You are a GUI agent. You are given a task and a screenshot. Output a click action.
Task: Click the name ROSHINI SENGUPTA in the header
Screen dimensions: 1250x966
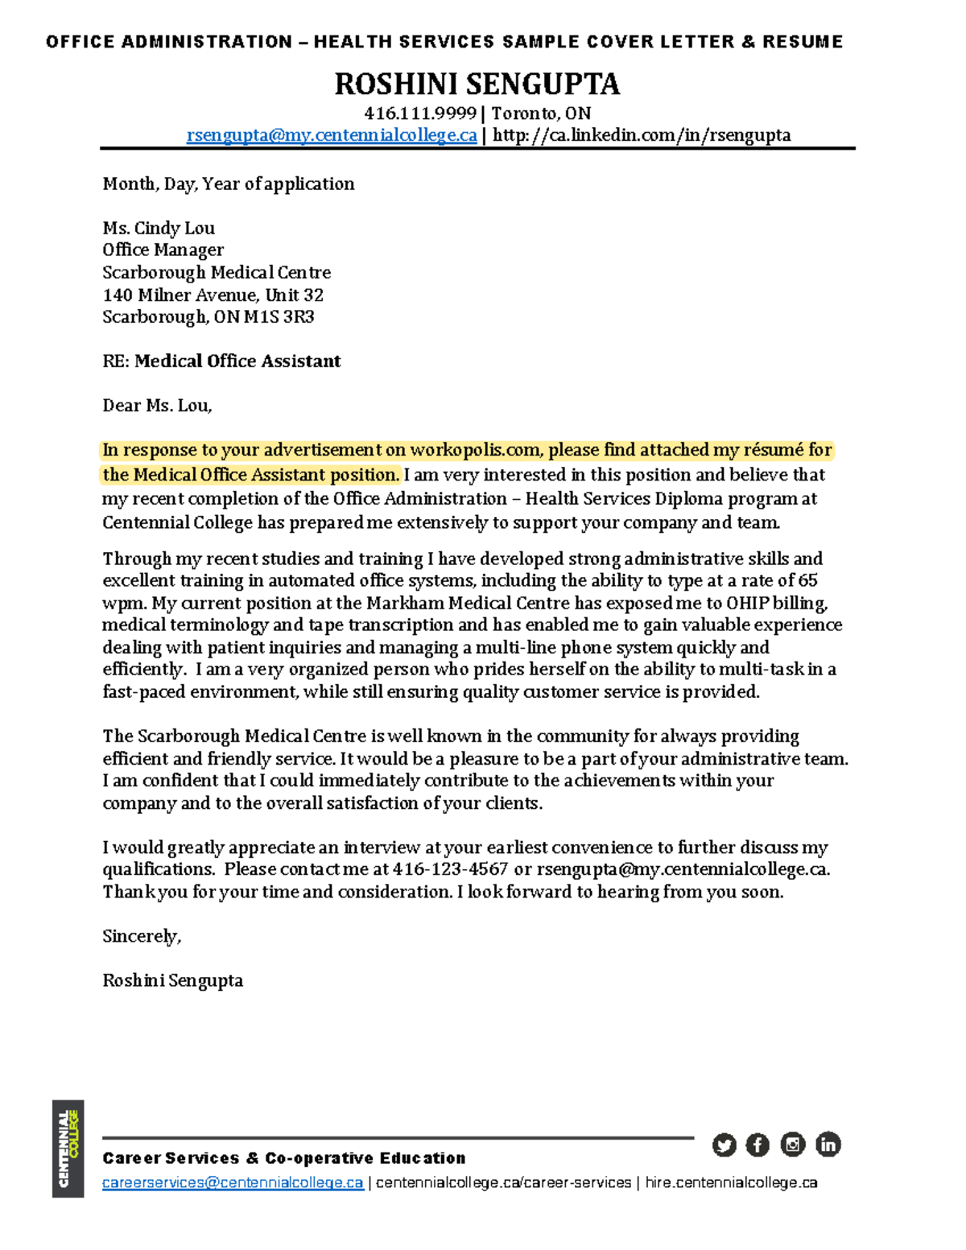tap(477, 84)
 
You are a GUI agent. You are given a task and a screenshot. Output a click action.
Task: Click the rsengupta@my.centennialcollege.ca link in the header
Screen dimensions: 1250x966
tap(332, 135)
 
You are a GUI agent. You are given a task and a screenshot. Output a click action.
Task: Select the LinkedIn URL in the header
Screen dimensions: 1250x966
tap(642, 135)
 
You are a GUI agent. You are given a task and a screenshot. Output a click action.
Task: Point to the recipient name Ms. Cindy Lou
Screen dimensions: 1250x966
tap(159, 228)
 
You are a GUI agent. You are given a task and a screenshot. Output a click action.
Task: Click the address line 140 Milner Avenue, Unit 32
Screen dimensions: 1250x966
tap(213, 295)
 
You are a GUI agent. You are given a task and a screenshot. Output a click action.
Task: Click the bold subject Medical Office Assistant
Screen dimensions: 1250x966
tap(237, 361)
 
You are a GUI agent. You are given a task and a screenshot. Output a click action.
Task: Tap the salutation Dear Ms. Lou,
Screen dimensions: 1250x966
tap(157, 406)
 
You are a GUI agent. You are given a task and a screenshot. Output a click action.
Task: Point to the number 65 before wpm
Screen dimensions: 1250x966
tap(807, 580)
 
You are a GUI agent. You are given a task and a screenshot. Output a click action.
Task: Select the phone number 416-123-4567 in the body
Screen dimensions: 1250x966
tap(450, 869)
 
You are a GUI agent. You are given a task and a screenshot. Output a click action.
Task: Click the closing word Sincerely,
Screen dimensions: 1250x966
tap(142, 936)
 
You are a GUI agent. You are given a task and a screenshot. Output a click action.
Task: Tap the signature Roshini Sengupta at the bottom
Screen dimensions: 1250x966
tap(172, 980)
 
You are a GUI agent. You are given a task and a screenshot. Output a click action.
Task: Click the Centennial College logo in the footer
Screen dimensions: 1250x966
tap(68, 1149)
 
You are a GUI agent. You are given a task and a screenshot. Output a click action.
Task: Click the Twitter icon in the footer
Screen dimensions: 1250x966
tap(724, 1145)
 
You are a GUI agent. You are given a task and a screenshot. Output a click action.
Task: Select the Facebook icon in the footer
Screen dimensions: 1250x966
tap(758, 1145)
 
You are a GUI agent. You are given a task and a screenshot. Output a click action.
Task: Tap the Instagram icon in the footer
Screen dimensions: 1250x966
tap(793, 1145)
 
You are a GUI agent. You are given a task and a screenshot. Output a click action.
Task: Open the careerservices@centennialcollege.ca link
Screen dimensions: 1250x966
tap(233, 1182)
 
